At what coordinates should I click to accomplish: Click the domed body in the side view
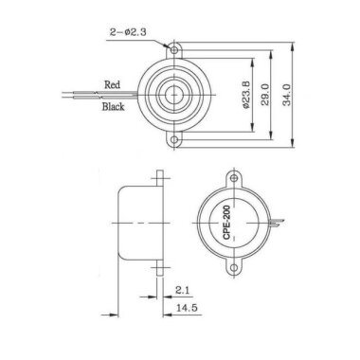point(132,223)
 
